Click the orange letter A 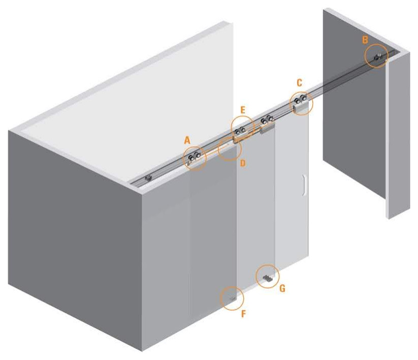187,140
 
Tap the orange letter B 365,40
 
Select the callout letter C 299,83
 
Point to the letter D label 242,163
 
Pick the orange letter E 242,110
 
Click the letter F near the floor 243,314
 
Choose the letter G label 282,288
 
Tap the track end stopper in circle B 378,56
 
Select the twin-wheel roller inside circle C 300,100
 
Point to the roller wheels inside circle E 240,131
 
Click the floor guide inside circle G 267,279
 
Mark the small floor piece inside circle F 233,299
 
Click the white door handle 304,186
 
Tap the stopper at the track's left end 148,178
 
